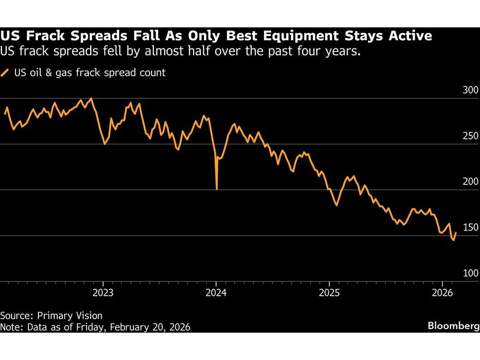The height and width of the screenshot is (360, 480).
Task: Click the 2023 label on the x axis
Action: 103,292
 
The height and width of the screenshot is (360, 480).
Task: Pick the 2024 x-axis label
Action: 216,292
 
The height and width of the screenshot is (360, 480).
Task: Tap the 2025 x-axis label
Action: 329,292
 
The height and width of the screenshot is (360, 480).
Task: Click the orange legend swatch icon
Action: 6,73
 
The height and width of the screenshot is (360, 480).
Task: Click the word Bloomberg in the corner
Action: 453,326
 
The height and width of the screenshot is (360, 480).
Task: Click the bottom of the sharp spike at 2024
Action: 217,189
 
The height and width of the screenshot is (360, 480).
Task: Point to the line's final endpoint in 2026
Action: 456,232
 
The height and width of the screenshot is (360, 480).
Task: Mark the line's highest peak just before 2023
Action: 91,98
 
